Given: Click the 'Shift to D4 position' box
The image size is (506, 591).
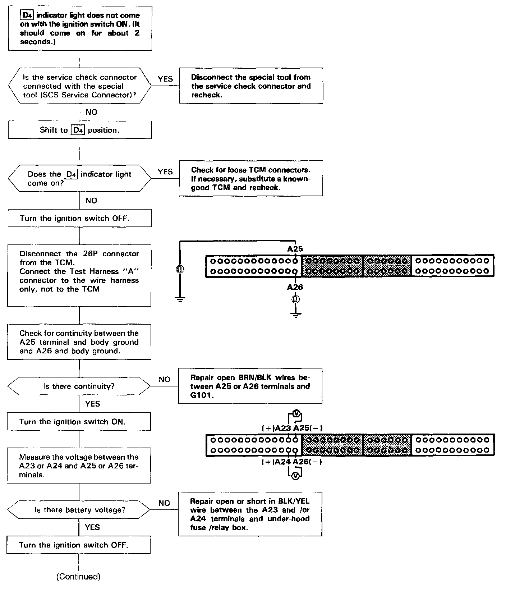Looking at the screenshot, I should (79, 130).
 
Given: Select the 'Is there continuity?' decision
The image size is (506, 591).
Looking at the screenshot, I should (79, 386).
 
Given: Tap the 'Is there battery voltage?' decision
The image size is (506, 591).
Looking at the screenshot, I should (79, 510).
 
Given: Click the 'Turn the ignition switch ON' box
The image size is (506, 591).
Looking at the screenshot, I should (79, 422).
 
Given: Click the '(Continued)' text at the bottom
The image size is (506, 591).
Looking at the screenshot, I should (78, 577).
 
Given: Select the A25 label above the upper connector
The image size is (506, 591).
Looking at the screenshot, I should (295, 249).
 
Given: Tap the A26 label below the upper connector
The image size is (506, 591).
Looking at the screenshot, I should (295, 287).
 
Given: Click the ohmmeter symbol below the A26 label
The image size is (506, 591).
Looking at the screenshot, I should (295, 299).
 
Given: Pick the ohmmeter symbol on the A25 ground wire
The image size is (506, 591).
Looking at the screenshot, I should (180, 269).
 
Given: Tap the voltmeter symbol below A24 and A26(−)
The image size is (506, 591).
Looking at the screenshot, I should (295, 476).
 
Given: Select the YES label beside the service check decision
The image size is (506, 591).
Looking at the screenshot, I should (165, 79).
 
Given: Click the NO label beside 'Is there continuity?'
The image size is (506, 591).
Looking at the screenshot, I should (164, 380).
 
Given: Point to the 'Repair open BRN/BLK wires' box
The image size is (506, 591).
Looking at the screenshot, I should (250, 386).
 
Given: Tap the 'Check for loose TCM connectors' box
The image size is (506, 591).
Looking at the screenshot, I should (251, 178).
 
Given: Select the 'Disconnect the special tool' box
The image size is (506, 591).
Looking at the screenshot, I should (251, 86).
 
